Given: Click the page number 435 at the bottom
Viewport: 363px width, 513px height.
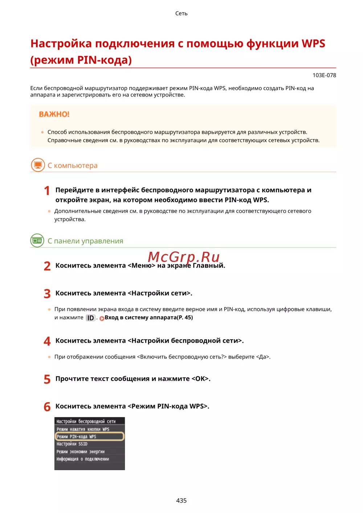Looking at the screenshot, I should pyautogui.click(x=181, y=500).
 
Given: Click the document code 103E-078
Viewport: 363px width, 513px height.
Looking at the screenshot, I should pyautogui.click(x=324, y=75).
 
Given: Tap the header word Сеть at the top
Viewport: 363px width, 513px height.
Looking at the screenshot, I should pyautogui.click(x=181, y=13).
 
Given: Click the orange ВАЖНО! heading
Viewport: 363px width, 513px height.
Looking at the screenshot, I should pyautogui.click(x=54, y=114).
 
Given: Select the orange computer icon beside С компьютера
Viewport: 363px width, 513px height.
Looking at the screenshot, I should pyautogui.click(x=37, y=165).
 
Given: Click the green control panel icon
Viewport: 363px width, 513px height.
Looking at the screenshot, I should pyautogui.click(x=37, y=241).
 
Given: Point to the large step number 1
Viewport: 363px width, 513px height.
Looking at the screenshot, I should pyautogui.click(x=47, y=190).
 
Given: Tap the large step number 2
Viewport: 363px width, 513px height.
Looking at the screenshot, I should pyautogui.click(x=47, y=266).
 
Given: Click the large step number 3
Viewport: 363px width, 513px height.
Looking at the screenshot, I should pyautogui.click(x=47, y=294).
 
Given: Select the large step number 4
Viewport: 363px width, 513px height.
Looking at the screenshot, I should pyautogui.click(x=47, y=341).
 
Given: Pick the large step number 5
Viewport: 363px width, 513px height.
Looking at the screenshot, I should pyautogui.click(x=47, y=379).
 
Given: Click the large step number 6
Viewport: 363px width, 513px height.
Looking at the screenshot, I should pyautogui.click(x=47, y=407).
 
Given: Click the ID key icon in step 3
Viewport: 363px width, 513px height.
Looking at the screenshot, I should pyautogui.click(x=90, y=318).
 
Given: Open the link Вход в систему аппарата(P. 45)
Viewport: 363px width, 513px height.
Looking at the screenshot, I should pyautogui.click(x=148, y=317).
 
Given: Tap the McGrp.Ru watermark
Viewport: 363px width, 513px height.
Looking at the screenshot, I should pyautogui.click(x=184, y=257).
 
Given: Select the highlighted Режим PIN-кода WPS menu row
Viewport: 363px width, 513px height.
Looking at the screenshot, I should pyautogui.click(x=89, y=436).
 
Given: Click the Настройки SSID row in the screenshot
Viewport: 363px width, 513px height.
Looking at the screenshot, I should pyautogui.click(x=72, y=444).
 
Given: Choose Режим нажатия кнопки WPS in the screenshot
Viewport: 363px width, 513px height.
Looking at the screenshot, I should pyautogui.click(x=83, y=429).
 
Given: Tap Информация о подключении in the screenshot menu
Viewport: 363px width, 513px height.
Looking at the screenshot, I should pyautogui.click(x=83, y=459).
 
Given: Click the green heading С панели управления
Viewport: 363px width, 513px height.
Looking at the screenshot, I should pyautogui.click(x=85, y=241).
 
